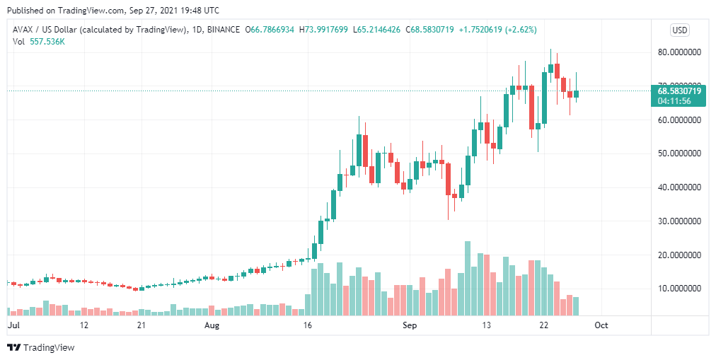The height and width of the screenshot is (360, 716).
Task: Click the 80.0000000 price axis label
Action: (x=679, y=52)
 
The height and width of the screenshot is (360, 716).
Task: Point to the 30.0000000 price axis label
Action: (x=679, y=221)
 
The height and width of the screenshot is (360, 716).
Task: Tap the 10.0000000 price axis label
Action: (x=679, y=289)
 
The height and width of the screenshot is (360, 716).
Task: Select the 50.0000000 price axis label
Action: (x=679, y=153)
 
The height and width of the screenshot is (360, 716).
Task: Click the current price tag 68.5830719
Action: (x=679, y=91)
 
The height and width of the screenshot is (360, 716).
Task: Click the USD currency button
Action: (x=679, y=30)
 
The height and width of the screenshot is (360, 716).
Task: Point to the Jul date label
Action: (x=13, y=325)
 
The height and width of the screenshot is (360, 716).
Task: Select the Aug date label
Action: (x=213, y=325)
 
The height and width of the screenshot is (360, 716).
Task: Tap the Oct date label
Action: (x=601, y=325)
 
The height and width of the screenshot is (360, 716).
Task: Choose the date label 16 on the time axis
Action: (x=307, y=325)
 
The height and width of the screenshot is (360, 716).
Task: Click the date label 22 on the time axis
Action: (x=543, y=325)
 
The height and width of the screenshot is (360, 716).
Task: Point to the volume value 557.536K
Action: (x=48, y=42)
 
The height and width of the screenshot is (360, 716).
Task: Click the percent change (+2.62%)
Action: (x=517, y=30)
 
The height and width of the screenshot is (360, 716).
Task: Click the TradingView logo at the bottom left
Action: (x=40, y=347)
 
